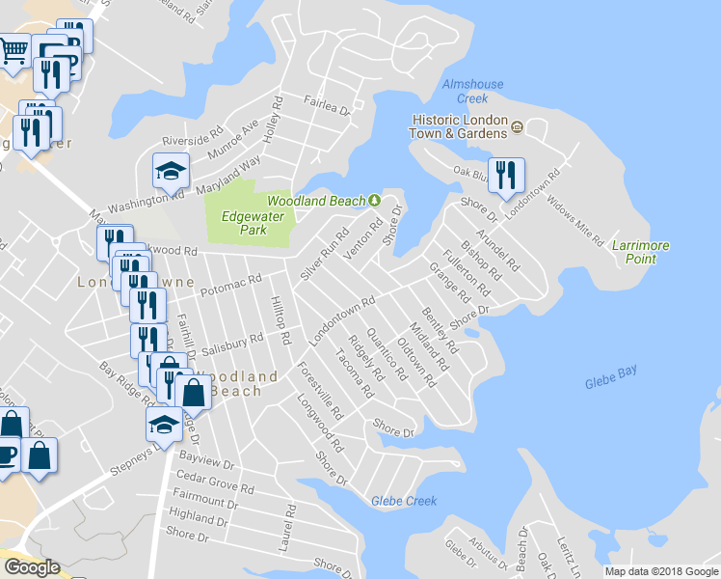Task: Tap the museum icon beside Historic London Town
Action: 518,126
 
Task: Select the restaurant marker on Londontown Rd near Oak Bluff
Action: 505,176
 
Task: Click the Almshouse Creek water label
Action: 472,91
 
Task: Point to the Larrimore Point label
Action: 640,252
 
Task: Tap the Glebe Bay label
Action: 611,384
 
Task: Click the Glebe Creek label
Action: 404,501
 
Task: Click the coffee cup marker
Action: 7,455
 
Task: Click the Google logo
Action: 32,567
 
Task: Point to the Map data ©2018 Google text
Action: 661,571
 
